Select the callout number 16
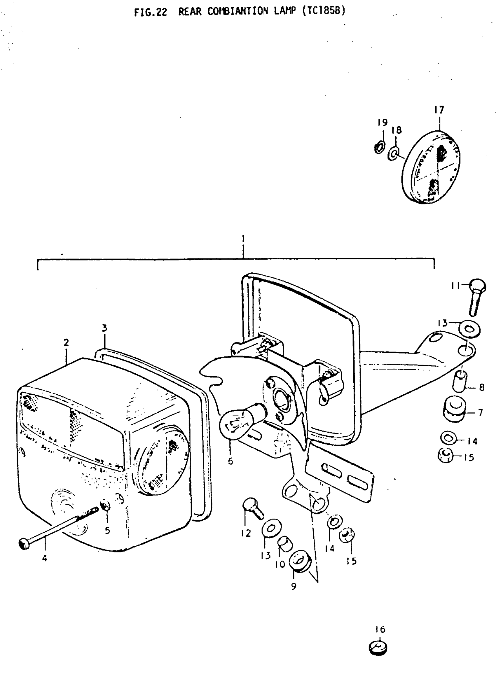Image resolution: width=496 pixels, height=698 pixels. click(x=380, y=629)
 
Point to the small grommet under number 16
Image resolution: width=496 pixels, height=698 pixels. click(x=378, y=648)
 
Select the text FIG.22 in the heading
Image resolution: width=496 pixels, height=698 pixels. click(x=151, y=12)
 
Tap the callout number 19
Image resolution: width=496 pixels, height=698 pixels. click(x=383, y=123)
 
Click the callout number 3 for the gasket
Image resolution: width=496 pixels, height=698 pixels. click(x=104, y=328)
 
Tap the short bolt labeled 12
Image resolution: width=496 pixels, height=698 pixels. click(x=253, y=508)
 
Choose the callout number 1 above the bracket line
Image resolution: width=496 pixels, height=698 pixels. click(x=243, y=238)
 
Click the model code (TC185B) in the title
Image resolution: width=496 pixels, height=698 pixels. click(x=324, y=11)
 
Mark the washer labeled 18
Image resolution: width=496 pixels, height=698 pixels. click(x=394, y=153)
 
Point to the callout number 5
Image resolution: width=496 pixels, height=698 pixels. click(x=107, y=530)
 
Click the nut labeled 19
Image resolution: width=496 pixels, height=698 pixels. click(x=379, y=148)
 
